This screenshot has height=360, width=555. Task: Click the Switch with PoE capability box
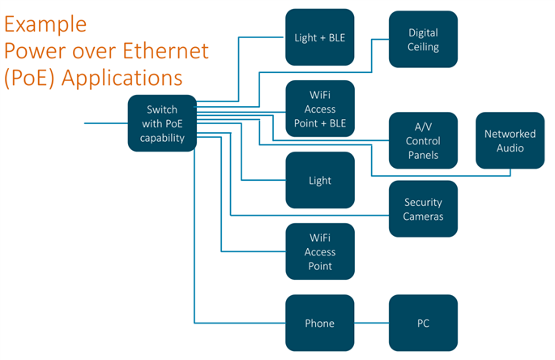[162, 123]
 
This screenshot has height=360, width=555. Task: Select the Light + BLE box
[320, 37]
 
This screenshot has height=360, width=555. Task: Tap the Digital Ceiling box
[424, 40]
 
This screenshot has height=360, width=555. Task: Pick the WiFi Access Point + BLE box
[320, 109]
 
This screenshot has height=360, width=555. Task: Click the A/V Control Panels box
[424, 141]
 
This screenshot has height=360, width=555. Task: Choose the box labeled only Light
[320, 180]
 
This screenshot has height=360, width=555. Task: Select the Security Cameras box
[424, 208]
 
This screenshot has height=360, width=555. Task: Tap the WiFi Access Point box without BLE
[320, 252]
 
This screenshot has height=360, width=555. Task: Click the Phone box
[320, 324]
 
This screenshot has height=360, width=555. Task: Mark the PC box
[424, 324]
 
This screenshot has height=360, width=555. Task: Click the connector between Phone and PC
[372, 324]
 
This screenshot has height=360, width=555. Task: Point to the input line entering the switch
[105, 123]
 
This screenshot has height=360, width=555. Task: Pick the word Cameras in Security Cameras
[424, 216]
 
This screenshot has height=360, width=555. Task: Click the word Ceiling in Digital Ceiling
[424, 47]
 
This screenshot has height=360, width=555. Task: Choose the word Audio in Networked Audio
[510, 148]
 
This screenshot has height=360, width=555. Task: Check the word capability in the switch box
[162, 138]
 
